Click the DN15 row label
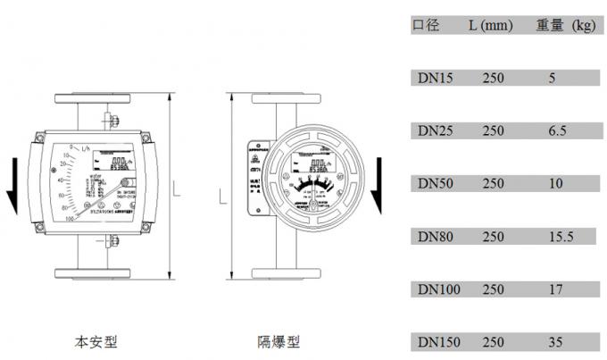point(437,79)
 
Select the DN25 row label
point(437,131)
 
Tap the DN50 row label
point(437,184)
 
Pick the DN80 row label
point(437,237)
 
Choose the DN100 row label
point(439,289)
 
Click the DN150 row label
point(439,342)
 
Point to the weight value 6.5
point(557,131)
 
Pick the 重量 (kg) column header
point(566,26)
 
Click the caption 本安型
point(95,341)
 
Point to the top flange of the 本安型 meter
point(96,95)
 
